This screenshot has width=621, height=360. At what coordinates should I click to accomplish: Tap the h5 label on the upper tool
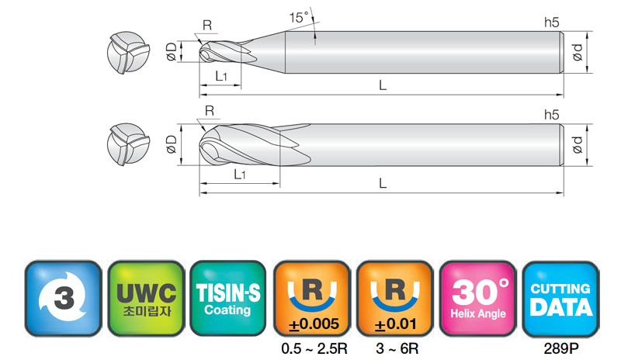(x=551, y=22)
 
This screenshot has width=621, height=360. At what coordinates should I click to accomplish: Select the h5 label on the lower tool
(x=551, y=115)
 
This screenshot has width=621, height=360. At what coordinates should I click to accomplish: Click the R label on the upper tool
(x=207, y=26)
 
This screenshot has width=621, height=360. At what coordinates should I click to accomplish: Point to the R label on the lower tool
(x=210, y=111)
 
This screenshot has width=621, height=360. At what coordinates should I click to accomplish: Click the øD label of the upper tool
(x=172, y=51)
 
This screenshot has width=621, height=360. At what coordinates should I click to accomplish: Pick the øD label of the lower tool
(x=172, y=144)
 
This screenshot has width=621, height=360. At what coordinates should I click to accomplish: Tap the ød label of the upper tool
(x=578, y=52)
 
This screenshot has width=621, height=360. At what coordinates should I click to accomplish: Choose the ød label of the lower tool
(x=578, y=144)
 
